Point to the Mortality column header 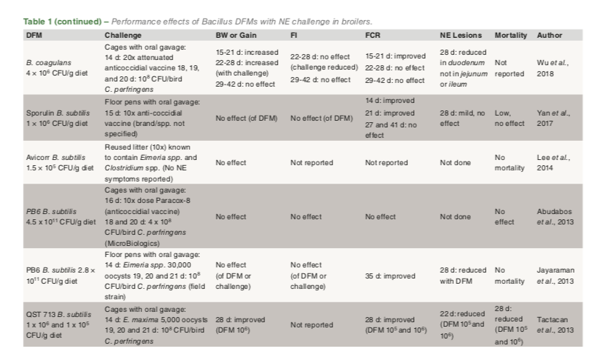(x=511, y=35)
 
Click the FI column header (x=295, y=35)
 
